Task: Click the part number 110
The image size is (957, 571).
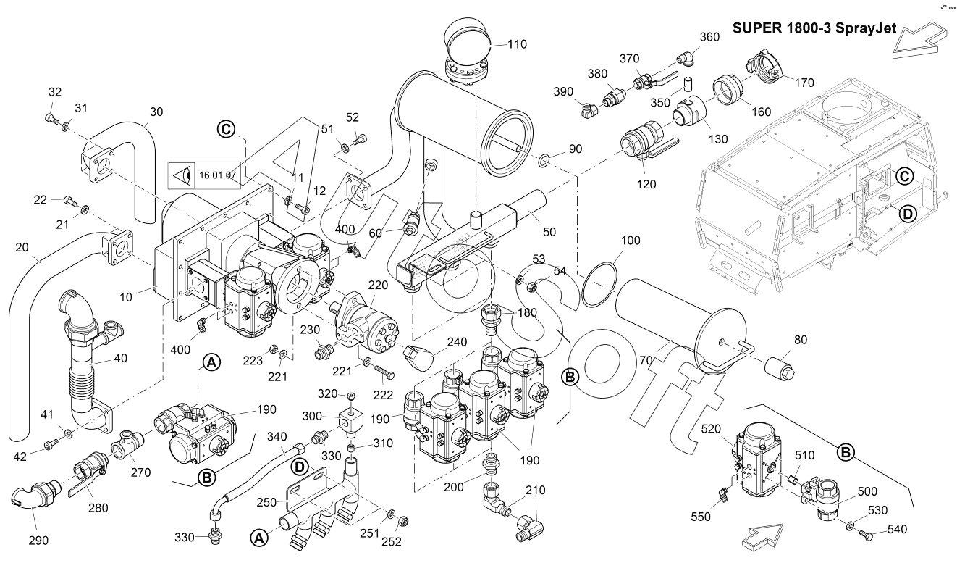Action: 517,44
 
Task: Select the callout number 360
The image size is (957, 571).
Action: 709,37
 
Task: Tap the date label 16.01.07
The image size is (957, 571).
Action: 214,175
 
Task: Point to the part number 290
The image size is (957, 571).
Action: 38,541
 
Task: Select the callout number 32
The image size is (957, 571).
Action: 55,92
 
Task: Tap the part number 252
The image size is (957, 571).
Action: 392,541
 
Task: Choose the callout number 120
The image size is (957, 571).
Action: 646,184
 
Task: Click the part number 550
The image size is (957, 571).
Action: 701,517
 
